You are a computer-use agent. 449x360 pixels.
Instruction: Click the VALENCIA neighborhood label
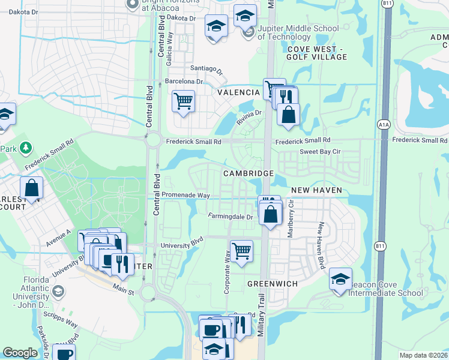click(x=238, y=93)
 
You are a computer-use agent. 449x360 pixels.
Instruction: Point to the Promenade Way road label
click(x=188, y=196)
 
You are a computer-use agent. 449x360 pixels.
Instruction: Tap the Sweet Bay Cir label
click(x=320, y=152)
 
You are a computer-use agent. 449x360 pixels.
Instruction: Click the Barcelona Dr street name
click(x=184, y=82)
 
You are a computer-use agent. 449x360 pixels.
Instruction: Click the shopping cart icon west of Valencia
click(x=183, y=100)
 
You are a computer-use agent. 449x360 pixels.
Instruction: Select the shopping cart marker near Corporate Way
click(x=241, y=250)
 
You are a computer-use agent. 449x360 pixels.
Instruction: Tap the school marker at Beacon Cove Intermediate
click(x=340, y=279)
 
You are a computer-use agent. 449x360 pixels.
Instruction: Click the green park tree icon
click(x=25, y=147)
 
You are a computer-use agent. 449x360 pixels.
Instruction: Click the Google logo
click(x=20, y=353)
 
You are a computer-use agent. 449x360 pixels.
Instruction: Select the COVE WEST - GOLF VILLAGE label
click(x=317, y=53)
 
